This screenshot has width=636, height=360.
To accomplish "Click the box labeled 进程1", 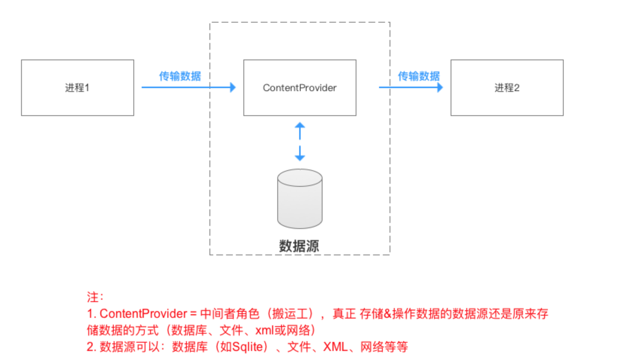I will coord(77,88).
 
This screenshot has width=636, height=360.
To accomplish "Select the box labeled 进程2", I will coord(506,88).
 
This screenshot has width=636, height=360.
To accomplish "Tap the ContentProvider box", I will coord(299,88).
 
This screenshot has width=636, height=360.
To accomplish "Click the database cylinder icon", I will coord(299,198).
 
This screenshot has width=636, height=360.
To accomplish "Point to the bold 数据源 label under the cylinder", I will coord(299,246).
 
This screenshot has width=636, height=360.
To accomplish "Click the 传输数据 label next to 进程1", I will coord(180,76).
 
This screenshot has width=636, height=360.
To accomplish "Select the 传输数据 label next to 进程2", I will coord(418,76).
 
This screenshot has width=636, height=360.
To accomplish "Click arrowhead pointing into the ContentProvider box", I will coord(233,87).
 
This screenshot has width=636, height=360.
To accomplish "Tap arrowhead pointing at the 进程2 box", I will coord(440,87).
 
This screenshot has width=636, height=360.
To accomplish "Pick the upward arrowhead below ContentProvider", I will coord(299,125).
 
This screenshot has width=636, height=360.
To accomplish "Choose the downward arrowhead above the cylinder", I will coord(299,157).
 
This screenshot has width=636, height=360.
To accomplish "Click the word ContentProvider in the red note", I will coord(143,314).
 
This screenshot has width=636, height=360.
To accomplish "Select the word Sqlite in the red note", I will coord(248,346).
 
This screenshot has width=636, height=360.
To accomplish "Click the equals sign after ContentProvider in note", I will coord(192,314).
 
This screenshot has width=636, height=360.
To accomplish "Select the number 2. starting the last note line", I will coord(91,346).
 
